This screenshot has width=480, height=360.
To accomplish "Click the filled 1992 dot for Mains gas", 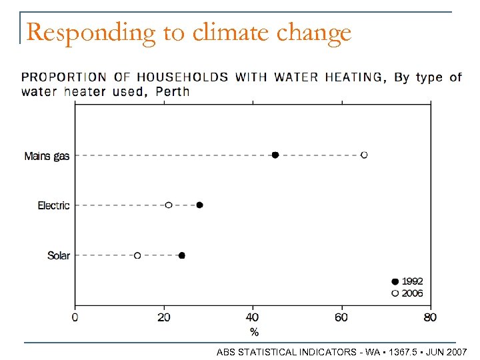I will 275,155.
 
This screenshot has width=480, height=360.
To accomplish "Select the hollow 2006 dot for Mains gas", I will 364,155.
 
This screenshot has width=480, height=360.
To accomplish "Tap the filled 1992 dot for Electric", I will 199,205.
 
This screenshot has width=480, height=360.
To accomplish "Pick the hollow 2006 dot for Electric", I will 169,205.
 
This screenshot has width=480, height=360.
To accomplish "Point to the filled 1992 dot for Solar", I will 182,255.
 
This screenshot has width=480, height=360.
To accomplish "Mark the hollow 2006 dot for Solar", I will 137,255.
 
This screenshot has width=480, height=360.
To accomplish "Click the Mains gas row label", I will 47,156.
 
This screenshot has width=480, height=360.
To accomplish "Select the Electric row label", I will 53,206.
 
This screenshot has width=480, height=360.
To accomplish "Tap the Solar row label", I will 59,256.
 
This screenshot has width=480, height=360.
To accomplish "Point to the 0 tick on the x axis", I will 75,317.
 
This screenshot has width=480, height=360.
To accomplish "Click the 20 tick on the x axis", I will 163,317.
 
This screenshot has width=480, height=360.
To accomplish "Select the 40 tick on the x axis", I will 253,317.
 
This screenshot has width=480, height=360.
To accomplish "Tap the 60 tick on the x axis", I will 341,317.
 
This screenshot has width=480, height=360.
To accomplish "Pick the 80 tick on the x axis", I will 430,317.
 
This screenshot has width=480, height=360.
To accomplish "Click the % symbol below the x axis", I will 254,331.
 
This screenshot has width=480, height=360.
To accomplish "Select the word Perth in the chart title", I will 172,91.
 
